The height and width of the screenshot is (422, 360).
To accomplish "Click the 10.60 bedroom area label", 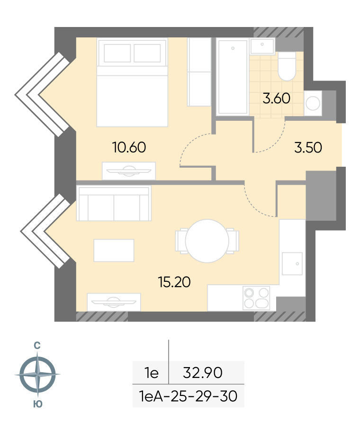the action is point(129,147).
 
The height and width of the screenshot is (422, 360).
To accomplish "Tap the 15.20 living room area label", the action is point(174,282).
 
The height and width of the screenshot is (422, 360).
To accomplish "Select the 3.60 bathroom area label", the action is point(277,98).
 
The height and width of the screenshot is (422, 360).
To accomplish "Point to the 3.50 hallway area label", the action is point(308,147).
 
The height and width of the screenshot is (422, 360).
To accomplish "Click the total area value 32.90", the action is point(202,373).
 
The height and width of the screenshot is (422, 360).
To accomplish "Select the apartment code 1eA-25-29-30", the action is point(188,396).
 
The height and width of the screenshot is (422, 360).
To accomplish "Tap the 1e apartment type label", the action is point(152,373).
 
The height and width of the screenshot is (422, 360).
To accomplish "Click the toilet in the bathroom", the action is point(287,66).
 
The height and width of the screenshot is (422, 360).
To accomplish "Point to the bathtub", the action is point(233,77).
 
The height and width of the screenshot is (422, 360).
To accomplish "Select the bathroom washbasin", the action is point(262,46).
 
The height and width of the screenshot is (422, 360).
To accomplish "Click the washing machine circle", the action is point(313,103).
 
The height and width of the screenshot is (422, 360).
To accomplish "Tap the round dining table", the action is point(207,241).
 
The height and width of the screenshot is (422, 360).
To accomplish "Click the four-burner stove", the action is point(256,298).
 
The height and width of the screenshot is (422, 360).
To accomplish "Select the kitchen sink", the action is point(292,263).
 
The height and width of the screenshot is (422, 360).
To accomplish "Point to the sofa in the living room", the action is point(114,203).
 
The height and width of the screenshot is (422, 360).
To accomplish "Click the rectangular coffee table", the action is point(114,250).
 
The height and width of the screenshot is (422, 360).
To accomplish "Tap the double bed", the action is point(132,82).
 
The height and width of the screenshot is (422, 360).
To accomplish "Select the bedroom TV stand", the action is point(129,171).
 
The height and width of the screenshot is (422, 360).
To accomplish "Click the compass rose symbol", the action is point(37,374).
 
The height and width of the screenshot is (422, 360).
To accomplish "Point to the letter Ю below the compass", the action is point(38,404).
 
